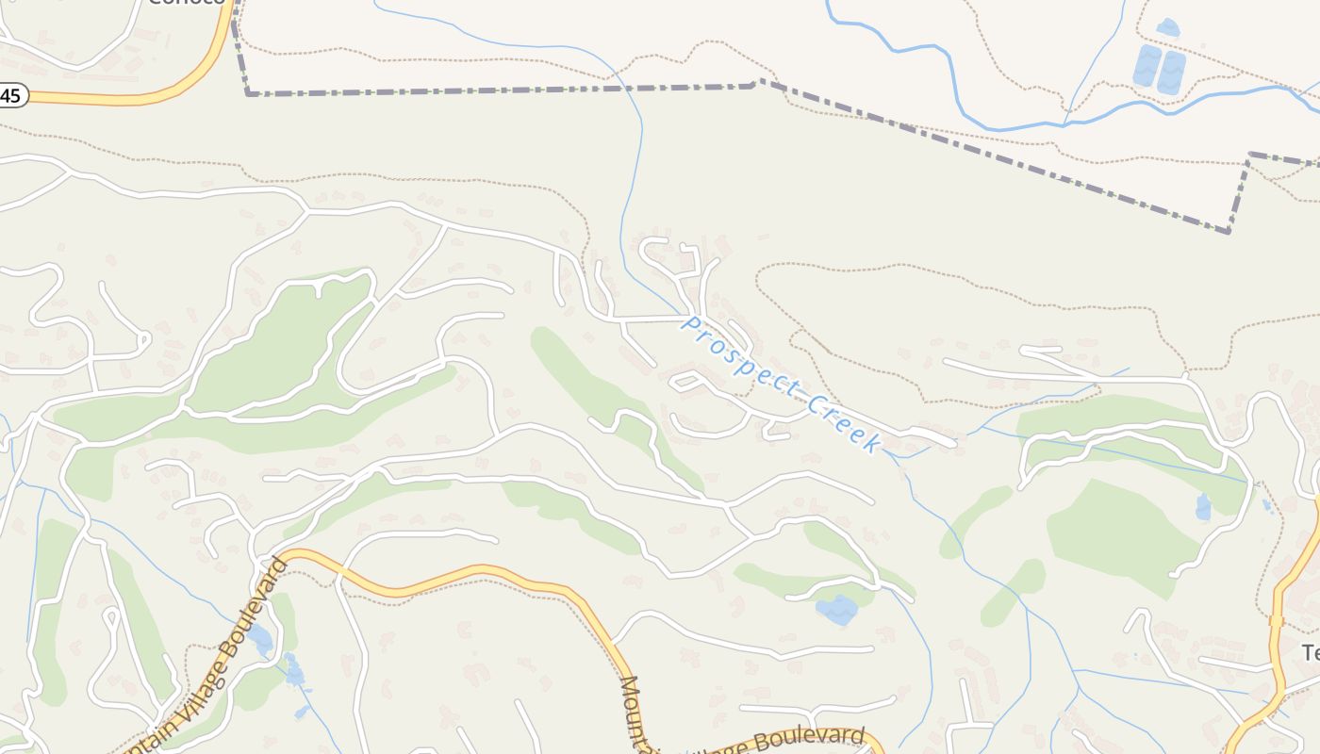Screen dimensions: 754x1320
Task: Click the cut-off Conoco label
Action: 189,3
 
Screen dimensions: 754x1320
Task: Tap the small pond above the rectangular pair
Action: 1168,26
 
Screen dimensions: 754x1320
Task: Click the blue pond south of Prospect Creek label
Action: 836,610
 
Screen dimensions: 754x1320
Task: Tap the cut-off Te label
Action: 1311,652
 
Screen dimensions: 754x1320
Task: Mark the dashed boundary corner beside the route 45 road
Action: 248,93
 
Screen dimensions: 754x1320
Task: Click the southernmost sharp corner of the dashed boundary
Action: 1229,231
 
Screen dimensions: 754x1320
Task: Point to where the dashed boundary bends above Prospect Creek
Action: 757,83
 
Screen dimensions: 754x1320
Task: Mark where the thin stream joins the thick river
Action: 1064,123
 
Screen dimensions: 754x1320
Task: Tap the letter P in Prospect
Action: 692,325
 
